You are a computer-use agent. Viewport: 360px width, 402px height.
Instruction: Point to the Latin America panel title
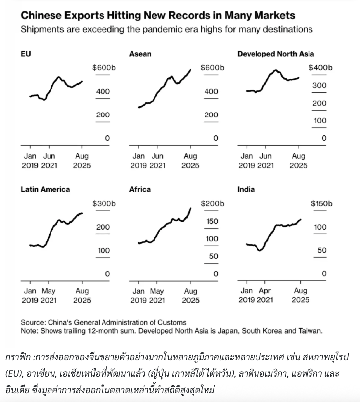[x=45, y=189]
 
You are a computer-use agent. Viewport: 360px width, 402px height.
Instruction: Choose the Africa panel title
[x=140, y=189]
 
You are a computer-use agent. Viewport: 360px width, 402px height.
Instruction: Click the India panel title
[x=246, y=189]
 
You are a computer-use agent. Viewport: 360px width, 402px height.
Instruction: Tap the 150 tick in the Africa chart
[x=212, y=221]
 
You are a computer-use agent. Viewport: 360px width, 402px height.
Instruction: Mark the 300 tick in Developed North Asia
[x=319, y=85]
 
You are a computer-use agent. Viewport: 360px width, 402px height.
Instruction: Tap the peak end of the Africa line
[x=190, y=208]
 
